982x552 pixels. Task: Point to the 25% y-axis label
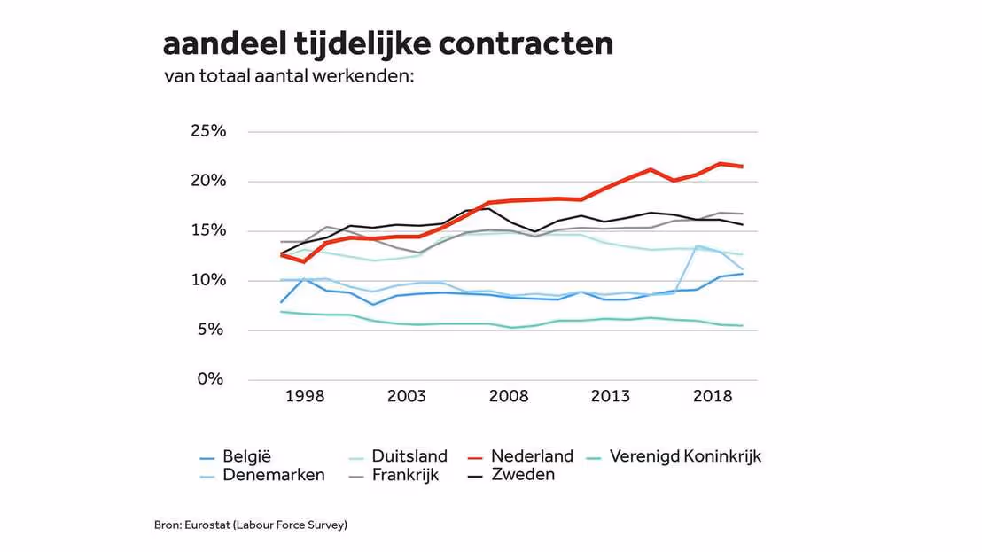(x=208, y=131)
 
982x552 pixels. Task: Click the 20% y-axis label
(x=208, y=181)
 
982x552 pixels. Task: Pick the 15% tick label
(x=208, y=230)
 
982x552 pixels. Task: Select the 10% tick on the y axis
(x=208, y=280)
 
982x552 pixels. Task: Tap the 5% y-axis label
(x=213, y=330)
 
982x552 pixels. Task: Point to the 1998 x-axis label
(x=305, y=396)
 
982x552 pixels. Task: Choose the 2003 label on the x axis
(x=407, y=396)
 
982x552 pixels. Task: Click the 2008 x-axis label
(x=509, y=396)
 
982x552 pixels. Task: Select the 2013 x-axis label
(x=611, y=396)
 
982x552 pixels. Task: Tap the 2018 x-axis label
(x=713, y=396)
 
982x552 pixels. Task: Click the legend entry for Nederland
(x=532, y=456)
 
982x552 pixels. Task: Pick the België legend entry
(x=246, y=456)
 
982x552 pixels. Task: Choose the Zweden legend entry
(x=523, y=474)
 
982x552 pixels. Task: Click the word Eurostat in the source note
(x=204, y=525)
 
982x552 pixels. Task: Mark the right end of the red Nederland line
(x=743, y=167)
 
